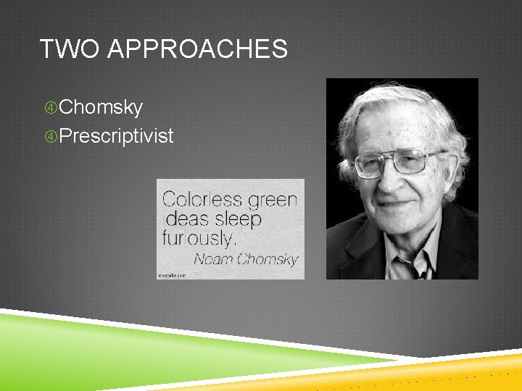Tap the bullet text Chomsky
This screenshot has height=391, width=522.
click(x=101, y=108)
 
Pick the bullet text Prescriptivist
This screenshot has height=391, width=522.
click(x=116, y=135)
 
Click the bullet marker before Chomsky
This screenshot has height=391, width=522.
click(x=50, y=109)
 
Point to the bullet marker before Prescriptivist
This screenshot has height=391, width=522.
click(x=50, y=136)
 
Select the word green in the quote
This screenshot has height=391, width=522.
click(x=274, y=199)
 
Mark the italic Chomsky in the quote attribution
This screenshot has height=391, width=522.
click(x=268, y=258)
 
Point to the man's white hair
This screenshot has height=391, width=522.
click(x=406, y=109)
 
